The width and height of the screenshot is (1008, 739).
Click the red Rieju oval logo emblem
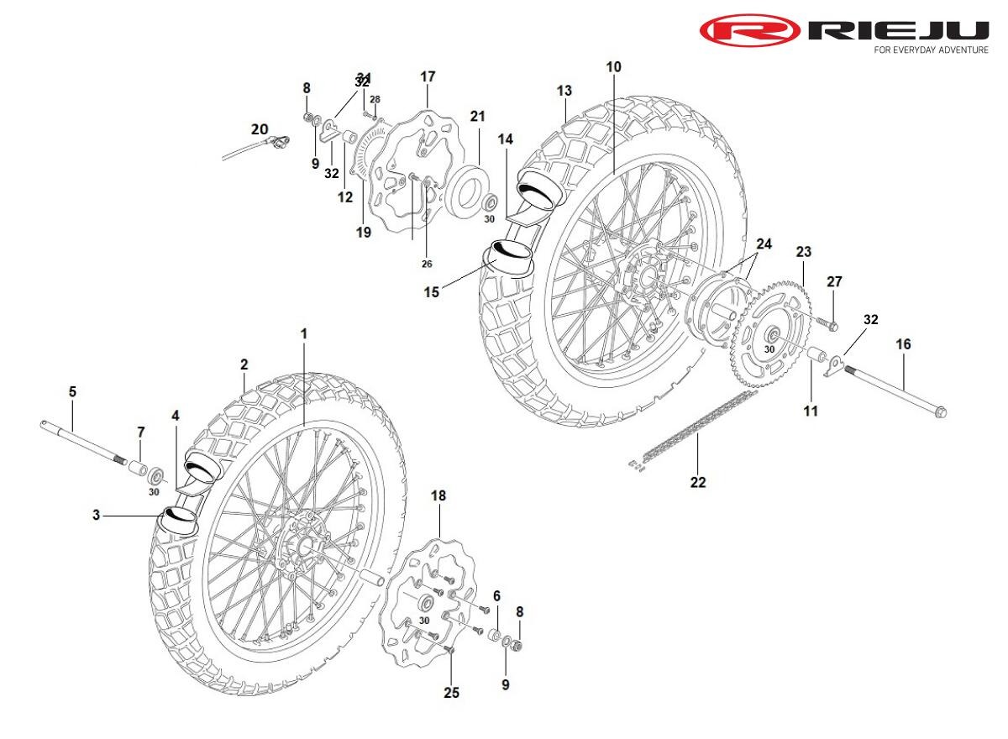[x=750, y=31]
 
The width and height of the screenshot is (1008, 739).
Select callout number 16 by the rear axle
[x=903, y=344]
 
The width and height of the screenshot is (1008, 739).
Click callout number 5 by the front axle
[x=72, y=391]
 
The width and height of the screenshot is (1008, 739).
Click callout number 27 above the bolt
[x=833, y=281]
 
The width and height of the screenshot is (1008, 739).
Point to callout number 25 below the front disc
[x=451, y=693]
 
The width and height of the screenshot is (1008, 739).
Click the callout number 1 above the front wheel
[x=304, y=334]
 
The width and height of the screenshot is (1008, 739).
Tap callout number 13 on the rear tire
[x=564, y=90]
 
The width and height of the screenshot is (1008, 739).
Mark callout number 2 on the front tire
[x=244, y=364]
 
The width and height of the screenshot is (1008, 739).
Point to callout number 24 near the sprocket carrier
[x=763, y=244]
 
